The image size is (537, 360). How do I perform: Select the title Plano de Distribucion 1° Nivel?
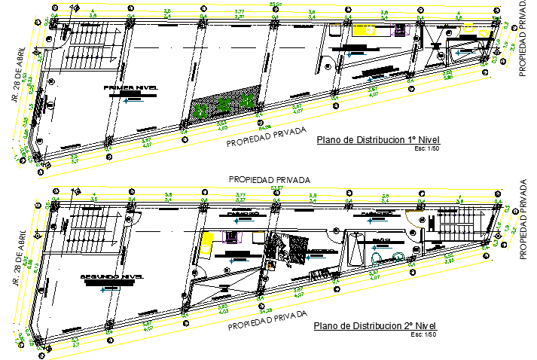(x=377, y=139)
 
